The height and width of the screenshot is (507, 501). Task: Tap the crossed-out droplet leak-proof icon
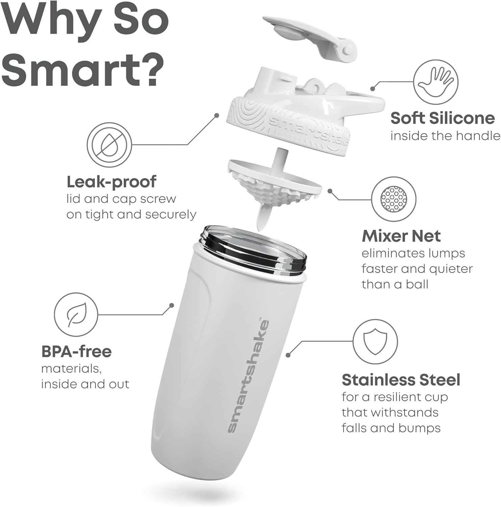click(109, 145)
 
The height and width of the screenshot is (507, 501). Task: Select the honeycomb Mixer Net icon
click(394, 199)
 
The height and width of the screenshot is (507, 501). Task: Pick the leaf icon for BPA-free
click(77, 315)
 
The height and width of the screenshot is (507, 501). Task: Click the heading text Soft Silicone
click(443, 118)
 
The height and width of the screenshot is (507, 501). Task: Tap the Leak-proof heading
click(111, 182)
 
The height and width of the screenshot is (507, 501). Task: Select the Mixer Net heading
click(401, 236)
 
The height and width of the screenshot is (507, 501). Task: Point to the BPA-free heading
click(76, 352)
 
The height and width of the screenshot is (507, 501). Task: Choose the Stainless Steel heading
click(401, 380)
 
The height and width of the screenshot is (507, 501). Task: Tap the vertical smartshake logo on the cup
click(248, 376)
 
